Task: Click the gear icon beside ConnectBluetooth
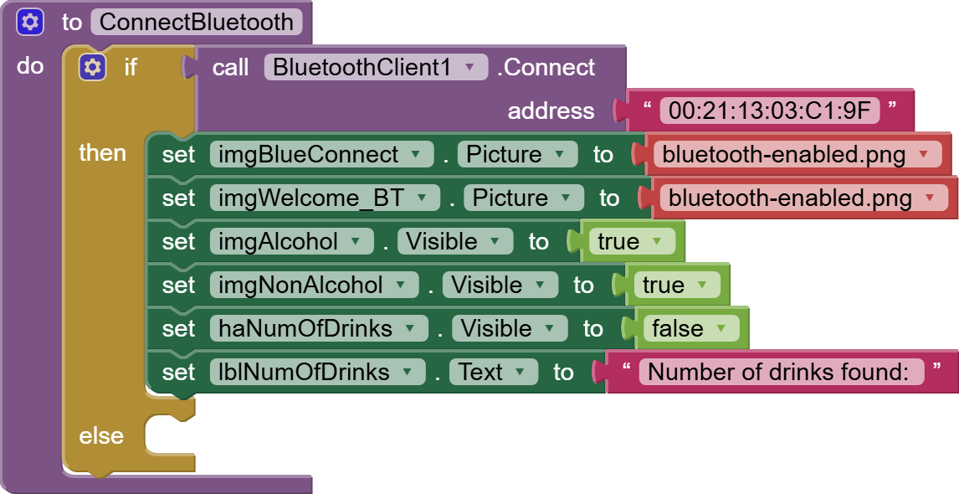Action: [30, 23]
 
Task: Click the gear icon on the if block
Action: [92, 67]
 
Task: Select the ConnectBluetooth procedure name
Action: [197, 23]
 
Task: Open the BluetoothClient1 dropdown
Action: [375, 67]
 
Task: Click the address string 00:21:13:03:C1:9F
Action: [769, 111]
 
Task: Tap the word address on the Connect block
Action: [551, 111]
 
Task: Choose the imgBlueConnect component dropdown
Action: [321, 154]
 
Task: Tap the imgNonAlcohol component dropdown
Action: [313, 285]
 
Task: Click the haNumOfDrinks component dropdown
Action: [318, 328]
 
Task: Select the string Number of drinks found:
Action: [779, 372]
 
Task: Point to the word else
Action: [100, 435]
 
